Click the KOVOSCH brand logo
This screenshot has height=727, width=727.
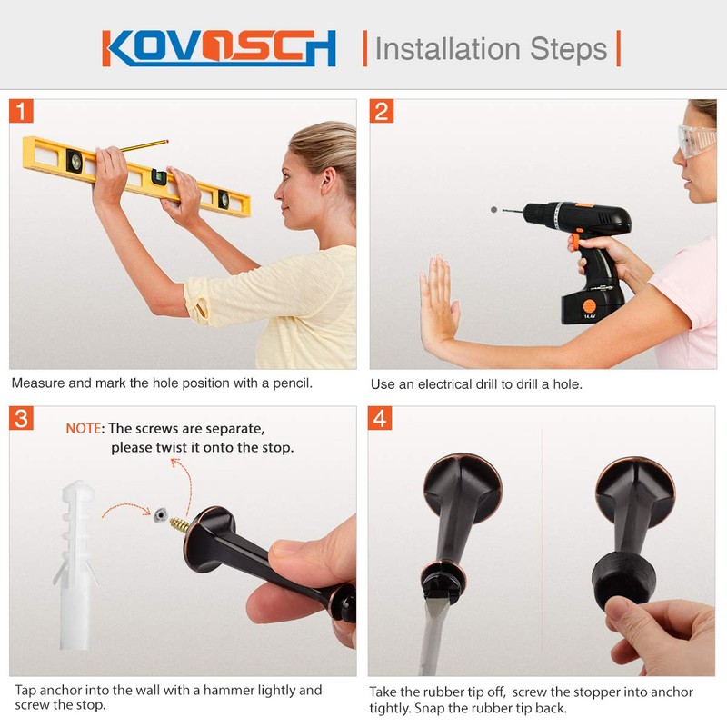pos(219,48)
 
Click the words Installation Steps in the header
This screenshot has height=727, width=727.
pos(491,48)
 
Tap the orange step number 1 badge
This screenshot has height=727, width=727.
pos(22,111)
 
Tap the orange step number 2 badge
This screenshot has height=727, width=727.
pos(382,111)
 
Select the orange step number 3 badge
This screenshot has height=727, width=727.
pos(22,419)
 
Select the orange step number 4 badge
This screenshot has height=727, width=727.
pos(382,419)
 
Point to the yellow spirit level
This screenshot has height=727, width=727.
pos(136,174)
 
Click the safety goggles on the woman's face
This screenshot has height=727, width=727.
pos(696,142)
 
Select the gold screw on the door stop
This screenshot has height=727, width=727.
pos(179,525)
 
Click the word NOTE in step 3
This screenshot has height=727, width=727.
pos(84,428)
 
